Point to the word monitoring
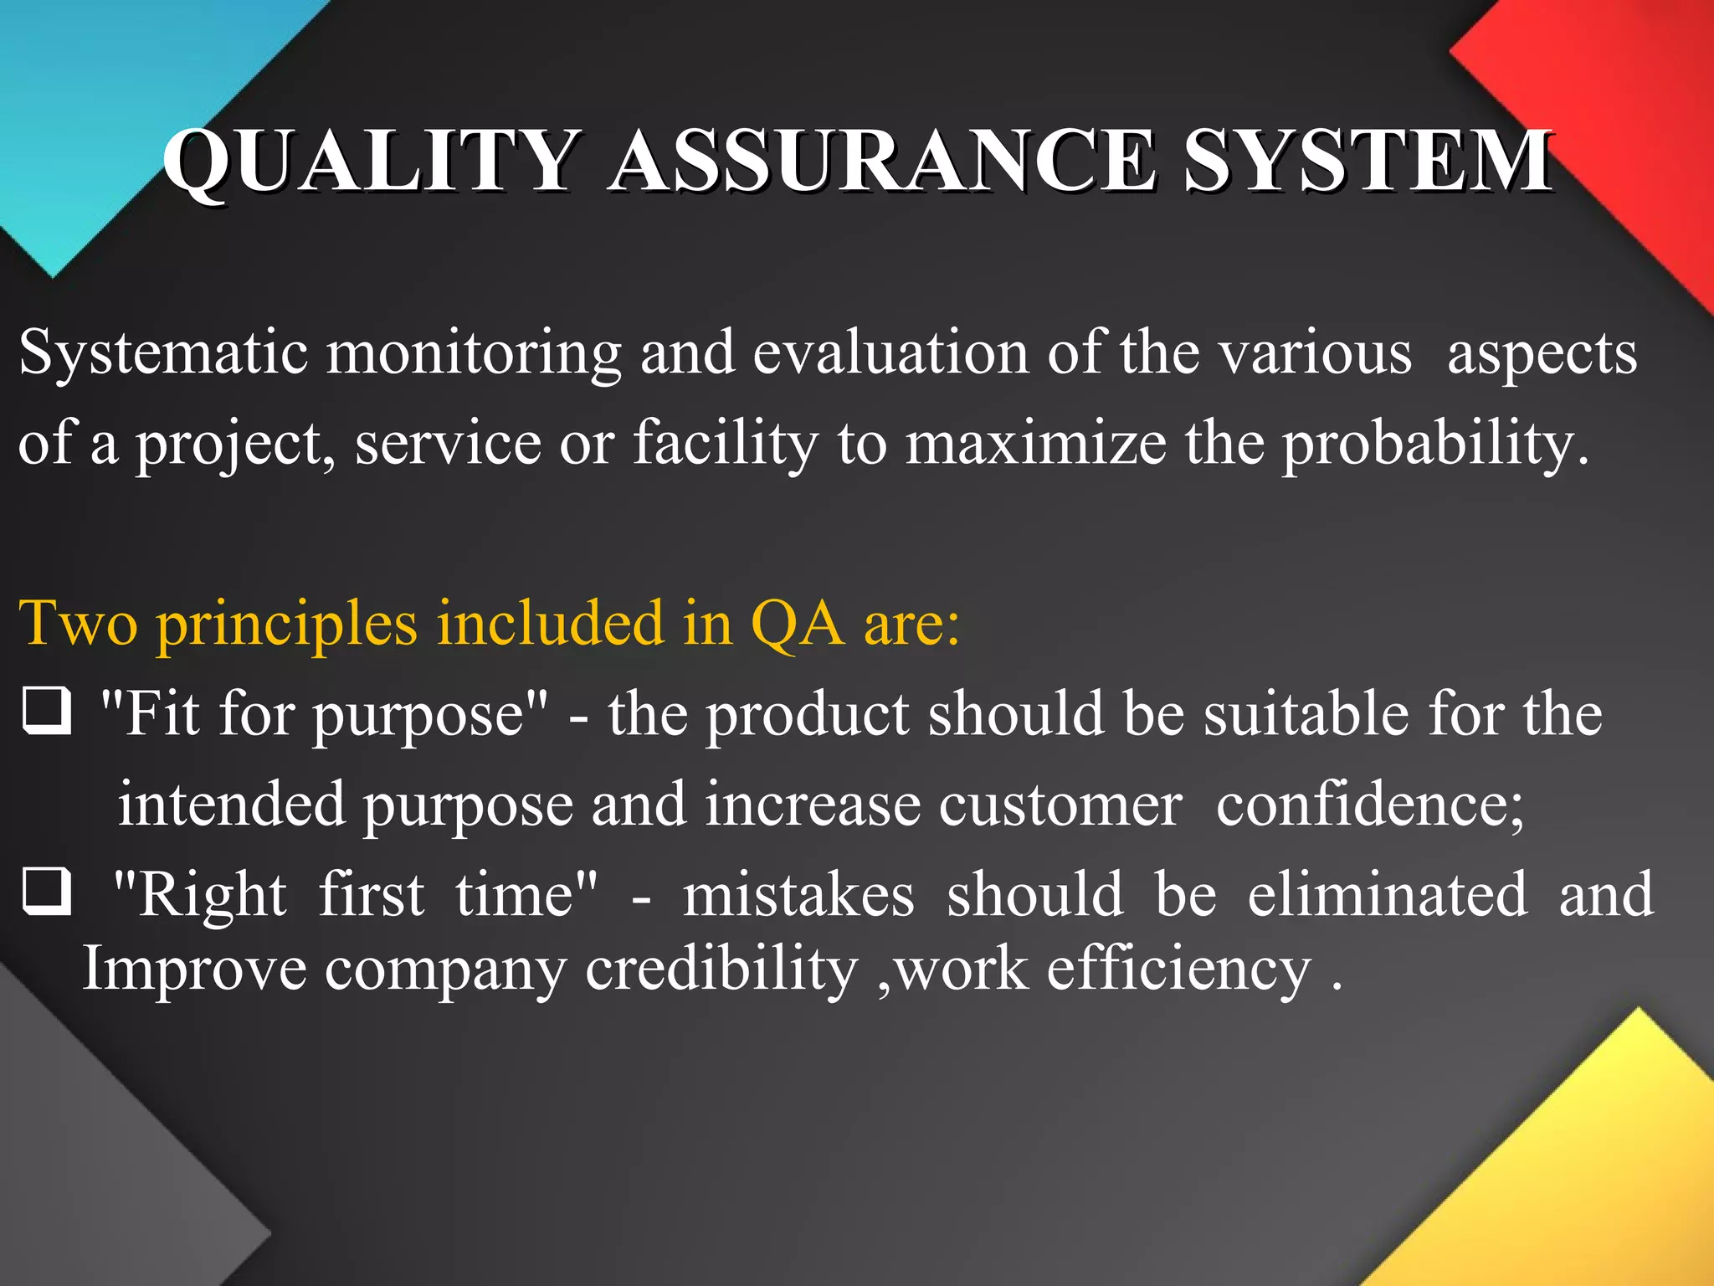[x=473, y=353]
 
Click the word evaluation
[x=890, y=353]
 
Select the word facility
[x=725, y=444]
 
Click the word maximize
[x=1036, y=444]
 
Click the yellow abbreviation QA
[x=797, y=625]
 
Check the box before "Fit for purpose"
[x=46, y=712]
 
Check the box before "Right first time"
[x=46, y=892]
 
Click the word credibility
[x=721, y=970]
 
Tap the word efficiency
[x=1178, y=970]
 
